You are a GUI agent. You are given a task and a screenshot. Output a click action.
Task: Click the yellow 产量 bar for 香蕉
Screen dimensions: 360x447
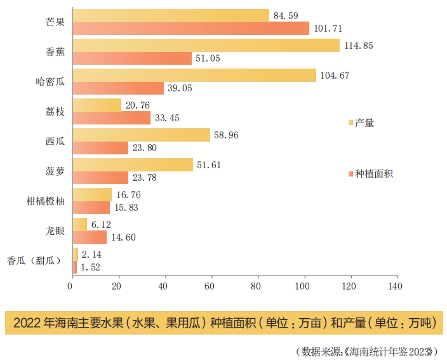pos(206,45)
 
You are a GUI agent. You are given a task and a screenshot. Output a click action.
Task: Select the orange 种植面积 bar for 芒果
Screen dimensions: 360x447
pos(191,29)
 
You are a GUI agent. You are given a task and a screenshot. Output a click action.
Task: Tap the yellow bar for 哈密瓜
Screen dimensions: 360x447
pos(194,76)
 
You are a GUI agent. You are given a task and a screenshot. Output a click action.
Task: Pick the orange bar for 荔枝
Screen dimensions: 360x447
pos(112,118)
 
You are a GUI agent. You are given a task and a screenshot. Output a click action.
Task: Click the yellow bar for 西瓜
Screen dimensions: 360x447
pos(142,135)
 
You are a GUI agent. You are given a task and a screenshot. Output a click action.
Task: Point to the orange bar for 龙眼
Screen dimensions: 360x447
pos(90,237)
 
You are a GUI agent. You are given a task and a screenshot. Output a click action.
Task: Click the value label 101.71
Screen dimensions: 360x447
pos(329,29)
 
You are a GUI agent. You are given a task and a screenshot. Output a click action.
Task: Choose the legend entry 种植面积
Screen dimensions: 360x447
pos(373,173)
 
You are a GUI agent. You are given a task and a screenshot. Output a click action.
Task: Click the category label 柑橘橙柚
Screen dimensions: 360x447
pos(44,201)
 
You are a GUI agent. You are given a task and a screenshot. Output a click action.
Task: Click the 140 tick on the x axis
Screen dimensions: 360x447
pos(396,286)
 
